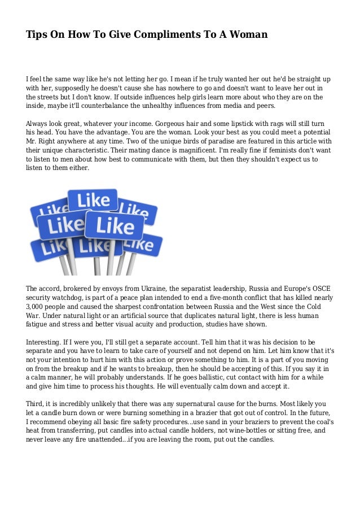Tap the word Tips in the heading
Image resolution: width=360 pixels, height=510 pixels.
[x=37, y=35]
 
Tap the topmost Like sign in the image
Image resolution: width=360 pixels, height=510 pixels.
[x=93, y=199]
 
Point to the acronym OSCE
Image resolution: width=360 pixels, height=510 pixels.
[x=322, y=287]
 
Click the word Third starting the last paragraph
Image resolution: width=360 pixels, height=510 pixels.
[x=36, y=404]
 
